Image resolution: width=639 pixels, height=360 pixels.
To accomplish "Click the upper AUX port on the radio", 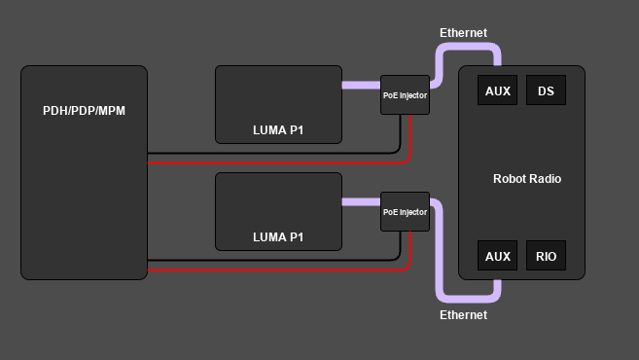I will pyautogui.click(x=497, y=91).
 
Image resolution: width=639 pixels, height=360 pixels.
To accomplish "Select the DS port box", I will pyautogui.click(x=546, y=91).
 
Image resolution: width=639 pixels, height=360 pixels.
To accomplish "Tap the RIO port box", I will pyautogui.click(x=546, y=257).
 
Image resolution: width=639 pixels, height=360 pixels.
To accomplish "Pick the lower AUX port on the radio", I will pyautogui.click(x=497, y=257).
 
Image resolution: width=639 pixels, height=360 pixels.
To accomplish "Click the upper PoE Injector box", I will pyautogui.click(x=405, y=94).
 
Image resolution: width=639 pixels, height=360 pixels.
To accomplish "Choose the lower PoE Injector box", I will pyautogui.click(x=405, y=211).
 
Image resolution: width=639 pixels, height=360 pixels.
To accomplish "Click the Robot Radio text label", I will pyautogui.click(x=527, y=179).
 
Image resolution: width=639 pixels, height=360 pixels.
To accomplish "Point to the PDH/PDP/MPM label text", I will pyautogui.click(x=84, y=110).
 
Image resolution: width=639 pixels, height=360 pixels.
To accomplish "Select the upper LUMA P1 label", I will pyautogui.click(x=278, y=129).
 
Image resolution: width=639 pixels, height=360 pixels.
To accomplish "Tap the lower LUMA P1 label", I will pyautogui.click(x=278, y=236).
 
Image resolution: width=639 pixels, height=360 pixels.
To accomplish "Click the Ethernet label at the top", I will pyautogui.click(x=463, y=32).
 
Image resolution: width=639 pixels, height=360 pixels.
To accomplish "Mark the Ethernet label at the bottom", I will pyautogui.click(x=463, y=315).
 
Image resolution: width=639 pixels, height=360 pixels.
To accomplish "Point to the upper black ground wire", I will pyautogui.click(x=272, y=153).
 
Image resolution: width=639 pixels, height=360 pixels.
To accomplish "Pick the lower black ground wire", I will pyautogui.click(x=272, y=260).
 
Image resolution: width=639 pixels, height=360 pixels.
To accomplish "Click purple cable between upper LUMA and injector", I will pyautogui.click(x=361, y=85).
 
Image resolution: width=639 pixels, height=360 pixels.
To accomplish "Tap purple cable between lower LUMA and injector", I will pyautogui.click(x=361, y=201).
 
